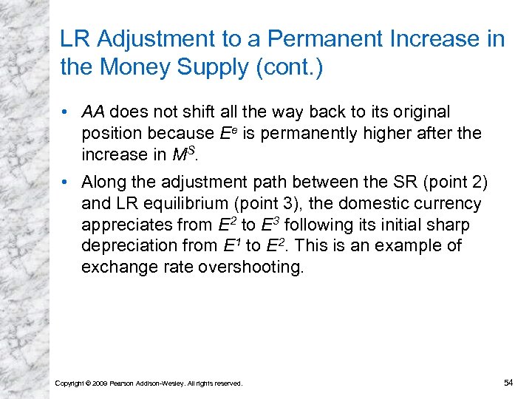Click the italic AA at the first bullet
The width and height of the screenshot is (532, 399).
coord(92,112)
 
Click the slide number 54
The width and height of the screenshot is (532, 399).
coord(508,382)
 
